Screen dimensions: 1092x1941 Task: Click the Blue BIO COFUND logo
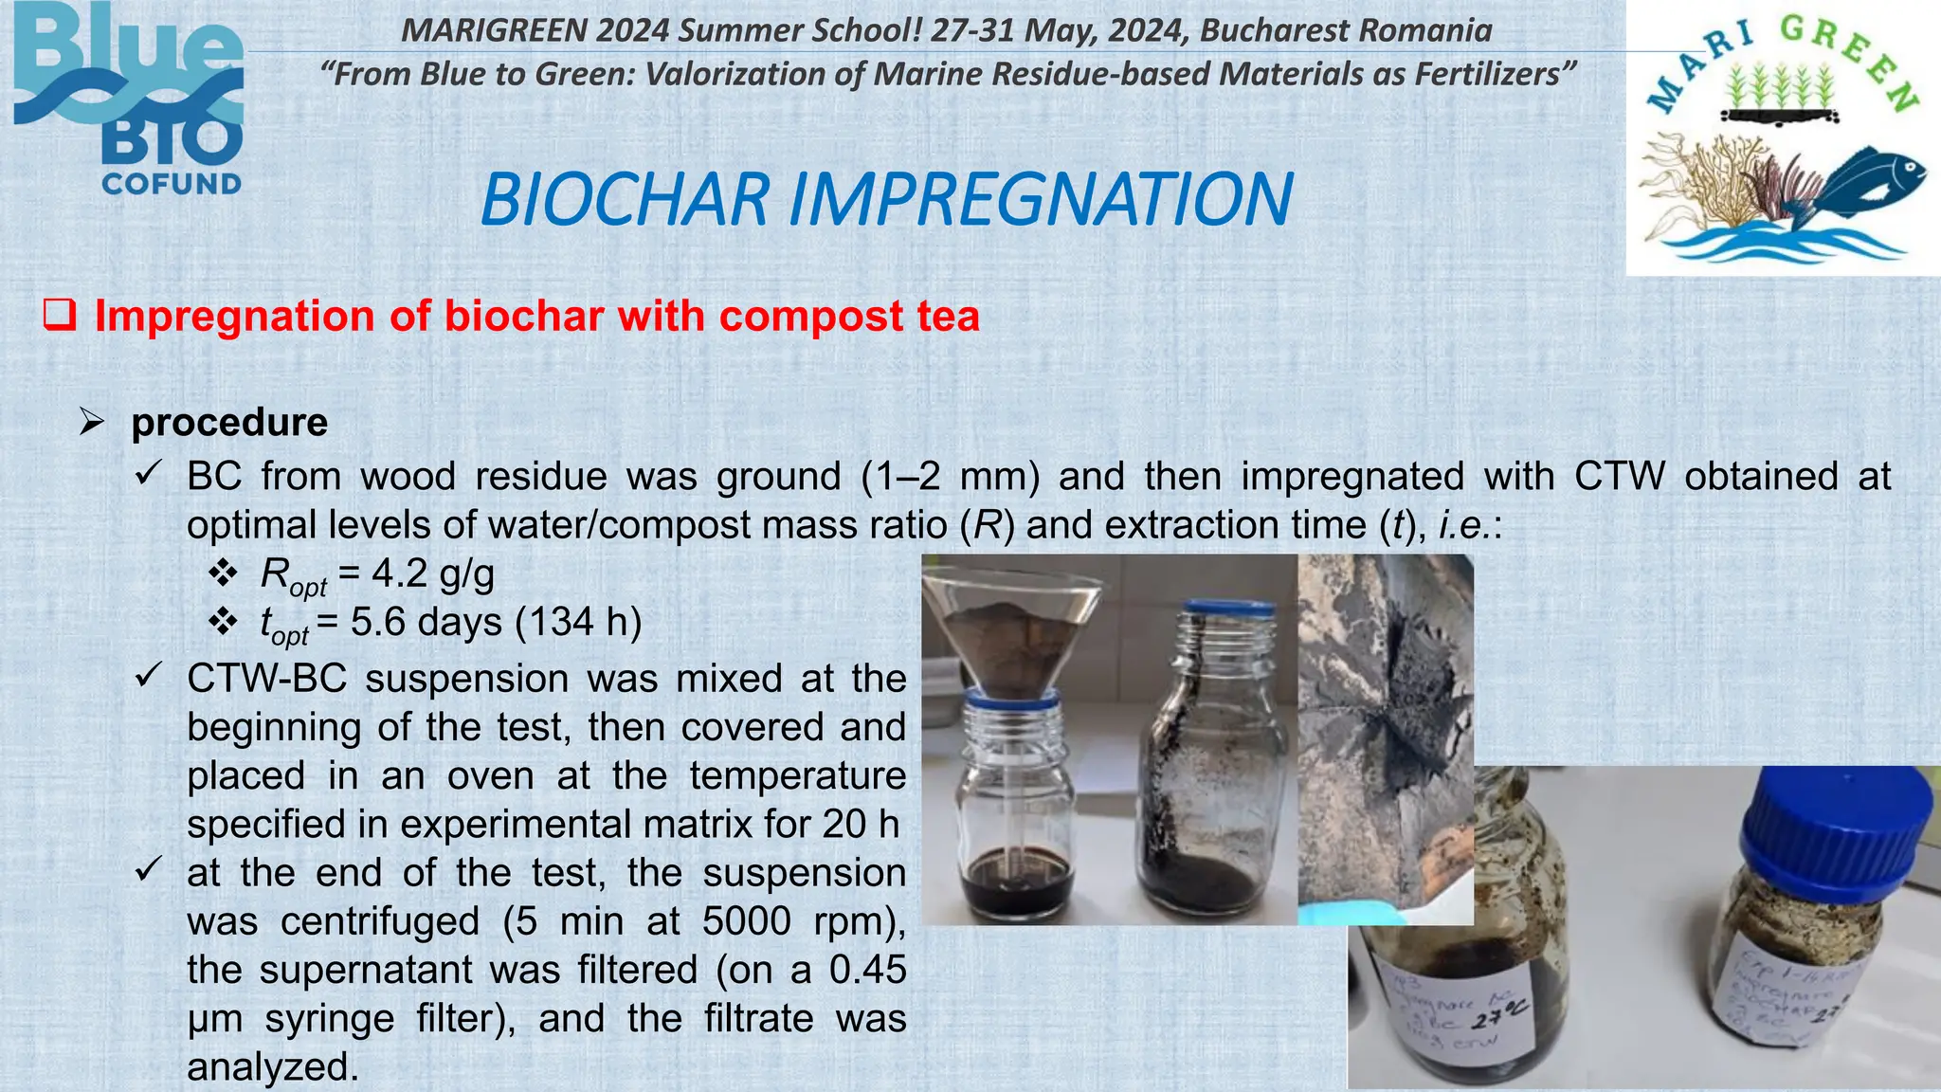point(130,100)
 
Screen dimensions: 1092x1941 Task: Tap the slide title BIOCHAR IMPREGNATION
point(886,199)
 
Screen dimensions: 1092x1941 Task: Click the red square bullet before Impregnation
point(59,315)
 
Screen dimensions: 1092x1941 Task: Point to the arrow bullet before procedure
point(92,422)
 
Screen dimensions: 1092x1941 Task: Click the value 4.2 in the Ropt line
point(399,573)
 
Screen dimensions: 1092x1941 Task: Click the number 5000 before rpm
point(747,921)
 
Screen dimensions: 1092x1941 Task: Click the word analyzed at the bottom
point(273,1067)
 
